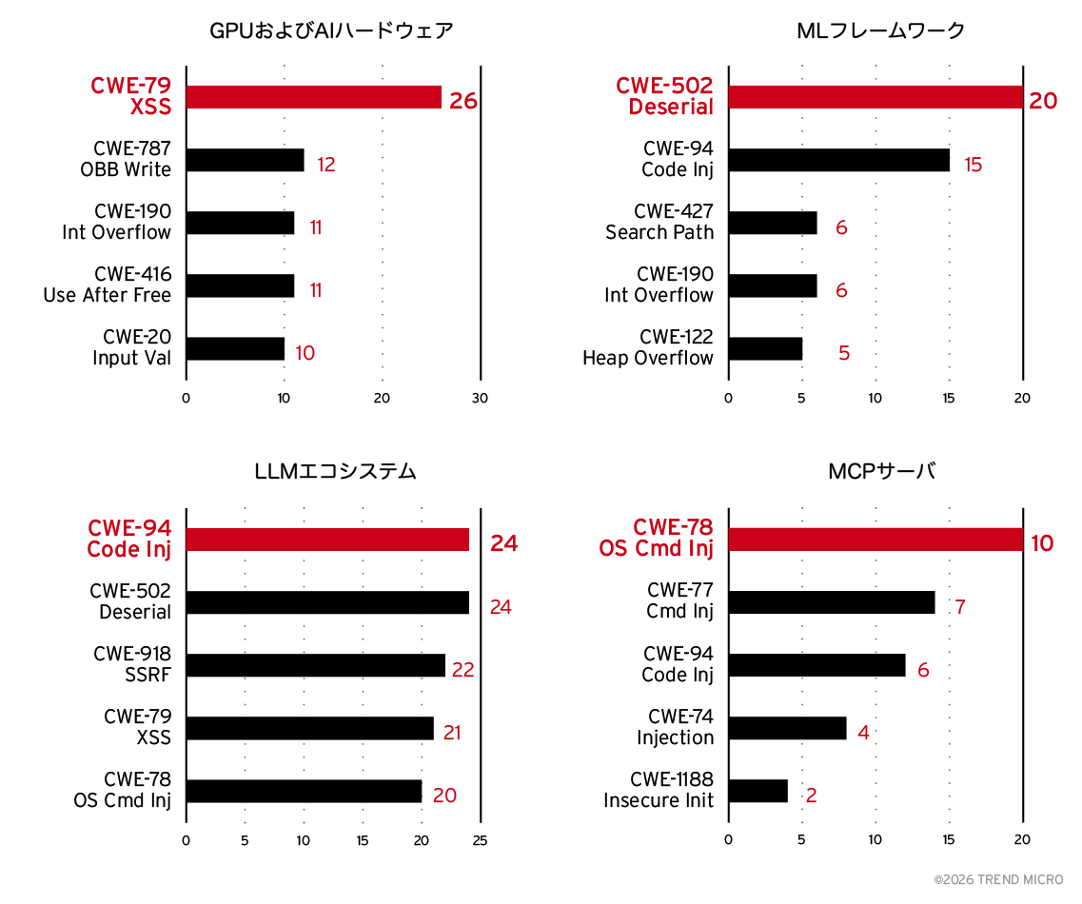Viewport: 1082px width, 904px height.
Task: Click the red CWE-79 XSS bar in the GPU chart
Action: coord(313,97)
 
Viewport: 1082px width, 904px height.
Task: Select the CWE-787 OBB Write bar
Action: coord(245,160)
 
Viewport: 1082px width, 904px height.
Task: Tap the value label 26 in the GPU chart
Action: coord(462,101)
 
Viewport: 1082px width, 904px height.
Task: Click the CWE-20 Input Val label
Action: coord(131,347)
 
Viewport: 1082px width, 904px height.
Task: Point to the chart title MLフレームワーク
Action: coord(880,30)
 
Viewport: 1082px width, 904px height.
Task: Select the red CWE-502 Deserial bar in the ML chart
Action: coord(875,97)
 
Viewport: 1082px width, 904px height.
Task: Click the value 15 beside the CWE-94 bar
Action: coord(973,165)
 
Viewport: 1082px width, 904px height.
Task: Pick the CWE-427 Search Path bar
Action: coord(772,223)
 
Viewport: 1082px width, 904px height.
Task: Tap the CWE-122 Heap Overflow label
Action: coord(648,347)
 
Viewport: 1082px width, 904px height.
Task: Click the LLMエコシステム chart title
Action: coord(335,471)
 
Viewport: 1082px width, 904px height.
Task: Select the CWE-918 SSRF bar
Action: coord(315,665)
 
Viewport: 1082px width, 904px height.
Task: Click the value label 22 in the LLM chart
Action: coord(462,670)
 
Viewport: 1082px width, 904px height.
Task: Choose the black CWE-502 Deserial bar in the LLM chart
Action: coord(326,602)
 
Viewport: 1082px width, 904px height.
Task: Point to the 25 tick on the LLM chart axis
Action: coord(481,840)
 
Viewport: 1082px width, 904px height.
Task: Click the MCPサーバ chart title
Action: coord(881,471)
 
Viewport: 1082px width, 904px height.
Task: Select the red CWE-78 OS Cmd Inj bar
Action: coord(875,540)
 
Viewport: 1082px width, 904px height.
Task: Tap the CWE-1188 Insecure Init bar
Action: coord(757,791)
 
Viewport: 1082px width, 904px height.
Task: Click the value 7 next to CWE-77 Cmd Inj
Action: coord(960,607)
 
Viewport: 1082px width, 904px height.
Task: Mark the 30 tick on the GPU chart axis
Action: coord(481,398)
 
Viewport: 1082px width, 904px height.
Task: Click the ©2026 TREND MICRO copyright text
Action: coord(998,880)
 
